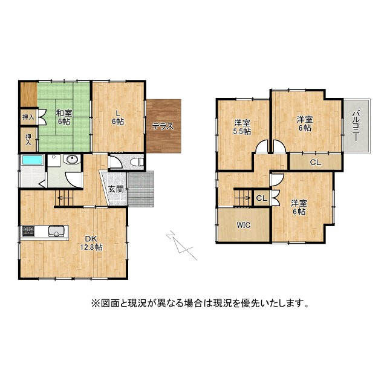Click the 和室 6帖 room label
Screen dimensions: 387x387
coord(64,117)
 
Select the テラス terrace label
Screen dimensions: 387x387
coord(163,127)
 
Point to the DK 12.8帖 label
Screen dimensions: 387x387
coord(92,244)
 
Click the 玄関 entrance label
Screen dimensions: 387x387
coord(116,189)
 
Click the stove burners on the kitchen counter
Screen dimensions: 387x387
coord(29,230)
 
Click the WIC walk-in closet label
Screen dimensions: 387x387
coord(243,225)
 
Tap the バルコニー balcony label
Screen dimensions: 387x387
coord(357,125)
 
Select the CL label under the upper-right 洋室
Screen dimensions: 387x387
coord(316,162)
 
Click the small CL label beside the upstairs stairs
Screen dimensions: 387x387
coord(262,198)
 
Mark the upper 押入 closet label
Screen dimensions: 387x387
coord(28,117)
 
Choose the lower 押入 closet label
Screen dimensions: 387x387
coord(28,139)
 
